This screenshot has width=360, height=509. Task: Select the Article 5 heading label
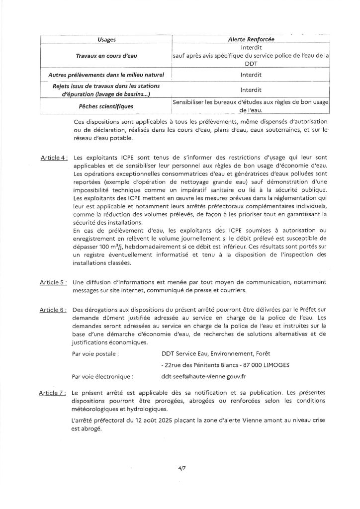53,282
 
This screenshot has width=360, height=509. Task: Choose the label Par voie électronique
102,377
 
